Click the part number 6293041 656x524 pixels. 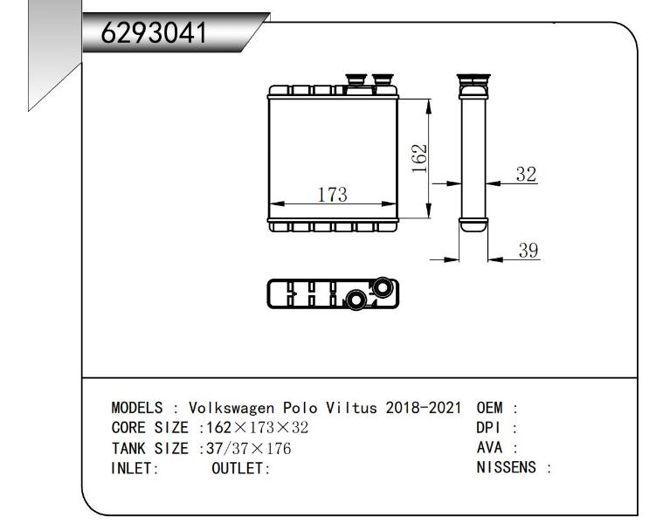(x=154, y=32)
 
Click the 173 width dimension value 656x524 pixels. (x=332, y=195)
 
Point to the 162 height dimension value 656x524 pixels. (x=419, y=158)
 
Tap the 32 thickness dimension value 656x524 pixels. (x=526, y=174)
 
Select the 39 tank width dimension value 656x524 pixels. (x=528, y=250)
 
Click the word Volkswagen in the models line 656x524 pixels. (x=231, y=407)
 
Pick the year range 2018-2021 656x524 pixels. (x=423, y=407)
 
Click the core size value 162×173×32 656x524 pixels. (x=258, y=427)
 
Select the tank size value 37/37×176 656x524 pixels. (x=248, y=448)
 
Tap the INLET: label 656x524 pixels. (x=135, y=468)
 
